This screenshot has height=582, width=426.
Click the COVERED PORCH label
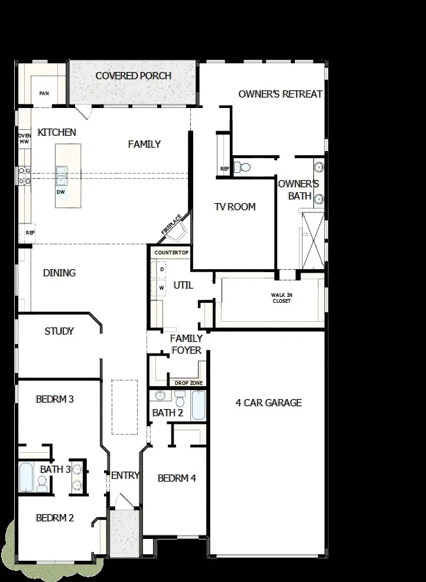[x=134, y=76]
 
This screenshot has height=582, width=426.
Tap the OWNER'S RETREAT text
[x=281, y=94]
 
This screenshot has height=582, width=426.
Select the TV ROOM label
[x=235, y=207]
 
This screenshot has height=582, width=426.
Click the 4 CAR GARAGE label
[x=269, y=403]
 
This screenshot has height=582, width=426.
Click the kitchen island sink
[x=61, y=175]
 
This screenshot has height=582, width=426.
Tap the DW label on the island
[x=61, y=192]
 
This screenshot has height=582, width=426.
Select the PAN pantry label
[x=44, y=93]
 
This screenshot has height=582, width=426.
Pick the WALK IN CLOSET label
[x=281, y=297]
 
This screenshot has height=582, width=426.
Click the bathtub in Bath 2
[x=198, y=406]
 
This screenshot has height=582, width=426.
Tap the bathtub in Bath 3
[x=25, y=477]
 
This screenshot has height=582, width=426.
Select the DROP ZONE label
[x=188, y=383]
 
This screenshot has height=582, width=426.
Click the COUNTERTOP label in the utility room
[x=171, y=253]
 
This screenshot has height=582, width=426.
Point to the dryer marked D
[x=161, y=269]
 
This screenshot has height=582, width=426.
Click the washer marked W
[x=161, y=287]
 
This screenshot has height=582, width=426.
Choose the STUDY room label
[x=59, y=331]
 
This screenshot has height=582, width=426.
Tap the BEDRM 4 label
[x=177, y=478]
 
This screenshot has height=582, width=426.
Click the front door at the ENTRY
[x=123, y=502]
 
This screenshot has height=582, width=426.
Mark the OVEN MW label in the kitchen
[x=24, y=139]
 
